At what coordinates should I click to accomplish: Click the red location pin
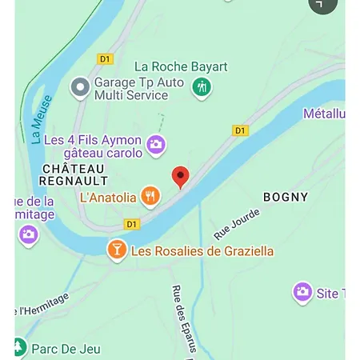(x=181, y=177)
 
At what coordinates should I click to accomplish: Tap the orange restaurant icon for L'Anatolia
(x=150, y=195)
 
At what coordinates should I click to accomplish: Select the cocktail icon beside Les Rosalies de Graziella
(x=117, y=250)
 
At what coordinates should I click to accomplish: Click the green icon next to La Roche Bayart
(x=202, y=86)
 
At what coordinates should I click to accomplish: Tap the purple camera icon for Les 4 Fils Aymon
(x=156, y=145)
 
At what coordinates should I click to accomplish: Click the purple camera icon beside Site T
(x=302, y=293)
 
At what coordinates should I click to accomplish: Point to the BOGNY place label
(x=286, y=197)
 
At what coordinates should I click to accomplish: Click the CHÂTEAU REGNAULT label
(x=73, y=174)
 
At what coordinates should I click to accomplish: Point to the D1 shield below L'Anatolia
(x=132, y=224)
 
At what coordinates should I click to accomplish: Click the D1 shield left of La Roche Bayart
(x=106, y=58)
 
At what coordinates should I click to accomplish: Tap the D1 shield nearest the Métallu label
(x=240, y=130)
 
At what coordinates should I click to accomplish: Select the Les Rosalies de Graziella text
(x=202, y=251)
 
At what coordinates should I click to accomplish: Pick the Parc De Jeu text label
(x=66, y=349)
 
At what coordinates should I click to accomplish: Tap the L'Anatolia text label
(x=107, y=196)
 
